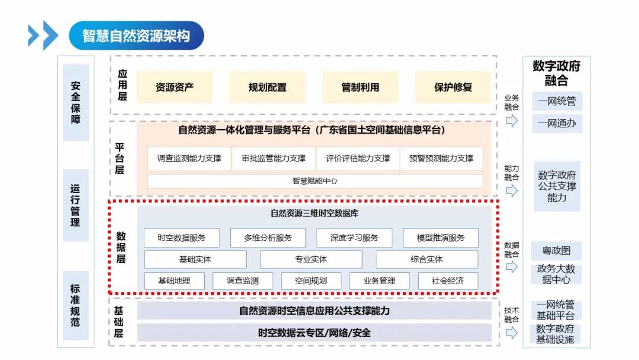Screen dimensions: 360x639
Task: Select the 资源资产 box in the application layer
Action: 175,87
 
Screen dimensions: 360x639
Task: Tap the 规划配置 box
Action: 267,87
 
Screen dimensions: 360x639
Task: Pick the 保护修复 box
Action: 453,87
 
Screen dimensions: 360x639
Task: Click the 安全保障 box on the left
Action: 76,102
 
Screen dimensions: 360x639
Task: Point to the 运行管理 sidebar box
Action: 76,205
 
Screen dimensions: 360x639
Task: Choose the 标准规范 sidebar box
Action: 76,306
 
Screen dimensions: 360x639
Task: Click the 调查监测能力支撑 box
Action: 189,159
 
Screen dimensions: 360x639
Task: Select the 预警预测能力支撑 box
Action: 441,159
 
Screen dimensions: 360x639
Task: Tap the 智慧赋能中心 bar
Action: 315,181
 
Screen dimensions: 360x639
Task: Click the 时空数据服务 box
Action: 182,238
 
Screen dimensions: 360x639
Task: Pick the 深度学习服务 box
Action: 354,238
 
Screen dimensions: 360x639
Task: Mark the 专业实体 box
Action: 311,259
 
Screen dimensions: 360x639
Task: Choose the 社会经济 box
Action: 448,281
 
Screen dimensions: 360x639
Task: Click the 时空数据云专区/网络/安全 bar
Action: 314,333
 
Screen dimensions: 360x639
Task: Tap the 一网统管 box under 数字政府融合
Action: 557,101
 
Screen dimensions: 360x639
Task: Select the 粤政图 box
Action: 556,250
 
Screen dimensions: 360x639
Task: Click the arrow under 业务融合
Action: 512,121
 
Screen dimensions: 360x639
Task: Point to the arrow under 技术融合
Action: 512,333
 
